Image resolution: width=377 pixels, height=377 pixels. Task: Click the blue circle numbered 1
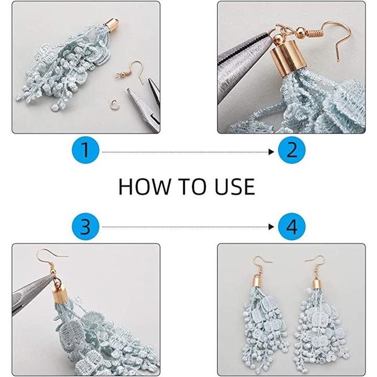85,150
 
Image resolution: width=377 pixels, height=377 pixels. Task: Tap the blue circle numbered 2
292,150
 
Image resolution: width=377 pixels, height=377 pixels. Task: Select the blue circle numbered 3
85,227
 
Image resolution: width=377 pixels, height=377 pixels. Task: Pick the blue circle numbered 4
292,227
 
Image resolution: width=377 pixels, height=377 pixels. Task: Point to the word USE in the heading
235,186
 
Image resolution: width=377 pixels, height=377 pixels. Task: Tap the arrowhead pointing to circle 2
271,152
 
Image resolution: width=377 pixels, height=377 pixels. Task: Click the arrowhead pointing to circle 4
271,227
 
